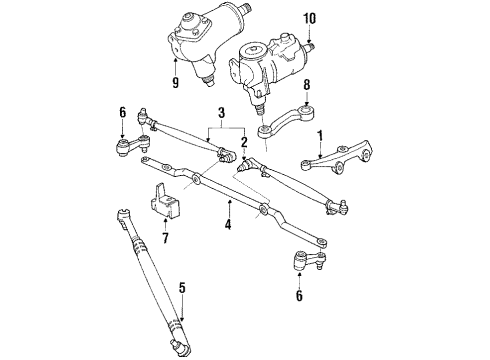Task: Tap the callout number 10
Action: click(x=309, y=18)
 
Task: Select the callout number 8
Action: click(x=308, y=86)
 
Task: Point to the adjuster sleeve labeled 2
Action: click(x=246, y=163)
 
